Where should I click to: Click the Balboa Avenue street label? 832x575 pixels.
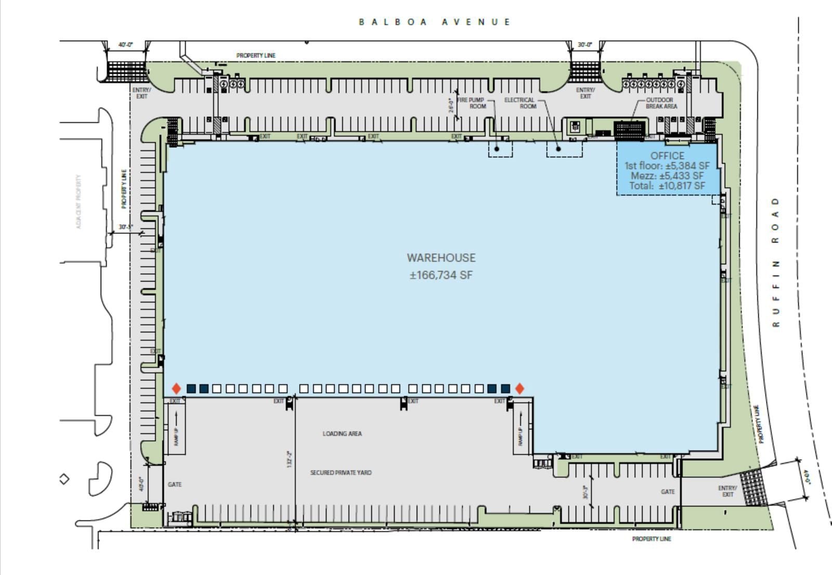(434, 22)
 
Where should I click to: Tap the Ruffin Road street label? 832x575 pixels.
(776, 262)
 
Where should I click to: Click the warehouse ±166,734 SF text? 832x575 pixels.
(441, 275)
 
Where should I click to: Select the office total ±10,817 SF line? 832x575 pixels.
(667, 186)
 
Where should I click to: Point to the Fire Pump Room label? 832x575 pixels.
(471, 103)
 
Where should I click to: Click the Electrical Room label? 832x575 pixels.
(519, 103)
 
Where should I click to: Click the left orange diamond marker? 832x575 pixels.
(176, 389)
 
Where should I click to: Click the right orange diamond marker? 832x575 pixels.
(519, 389)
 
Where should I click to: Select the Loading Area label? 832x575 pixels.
(342, 434)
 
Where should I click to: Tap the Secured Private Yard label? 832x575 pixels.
(341, 473)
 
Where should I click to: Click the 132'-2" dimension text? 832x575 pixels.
(290, 459)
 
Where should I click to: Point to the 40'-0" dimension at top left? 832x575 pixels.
(125, 45)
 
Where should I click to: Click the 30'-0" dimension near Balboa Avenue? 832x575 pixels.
(585, 45)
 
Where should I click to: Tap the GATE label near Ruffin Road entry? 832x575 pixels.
(668, 491)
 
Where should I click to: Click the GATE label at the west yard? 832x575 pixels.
(175, 485)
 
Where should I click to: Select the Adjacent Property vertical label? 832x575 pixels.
(79, 202)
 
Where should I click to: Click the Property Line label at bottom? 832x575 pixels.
(652, 539)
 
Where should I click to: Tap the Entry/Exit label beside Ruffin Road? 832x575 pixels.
(727, 491)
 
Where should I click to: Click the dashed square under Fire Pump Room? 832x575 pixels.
(500, 149)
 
